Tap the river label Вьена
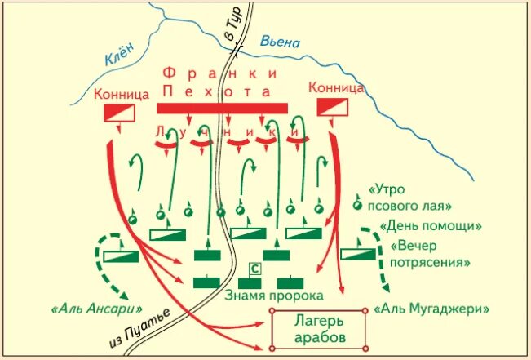coord(281,42)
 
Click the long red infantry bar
coord(222,108)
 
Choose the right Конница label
coord(332,86)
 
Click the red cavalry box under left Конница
coord(118,113)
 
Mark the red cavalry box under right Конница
coord(331,106)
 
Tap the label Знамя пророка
coord(273,295)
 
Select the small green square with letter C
coord(254,268)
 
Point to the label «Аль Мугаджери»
coord(431,310)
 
